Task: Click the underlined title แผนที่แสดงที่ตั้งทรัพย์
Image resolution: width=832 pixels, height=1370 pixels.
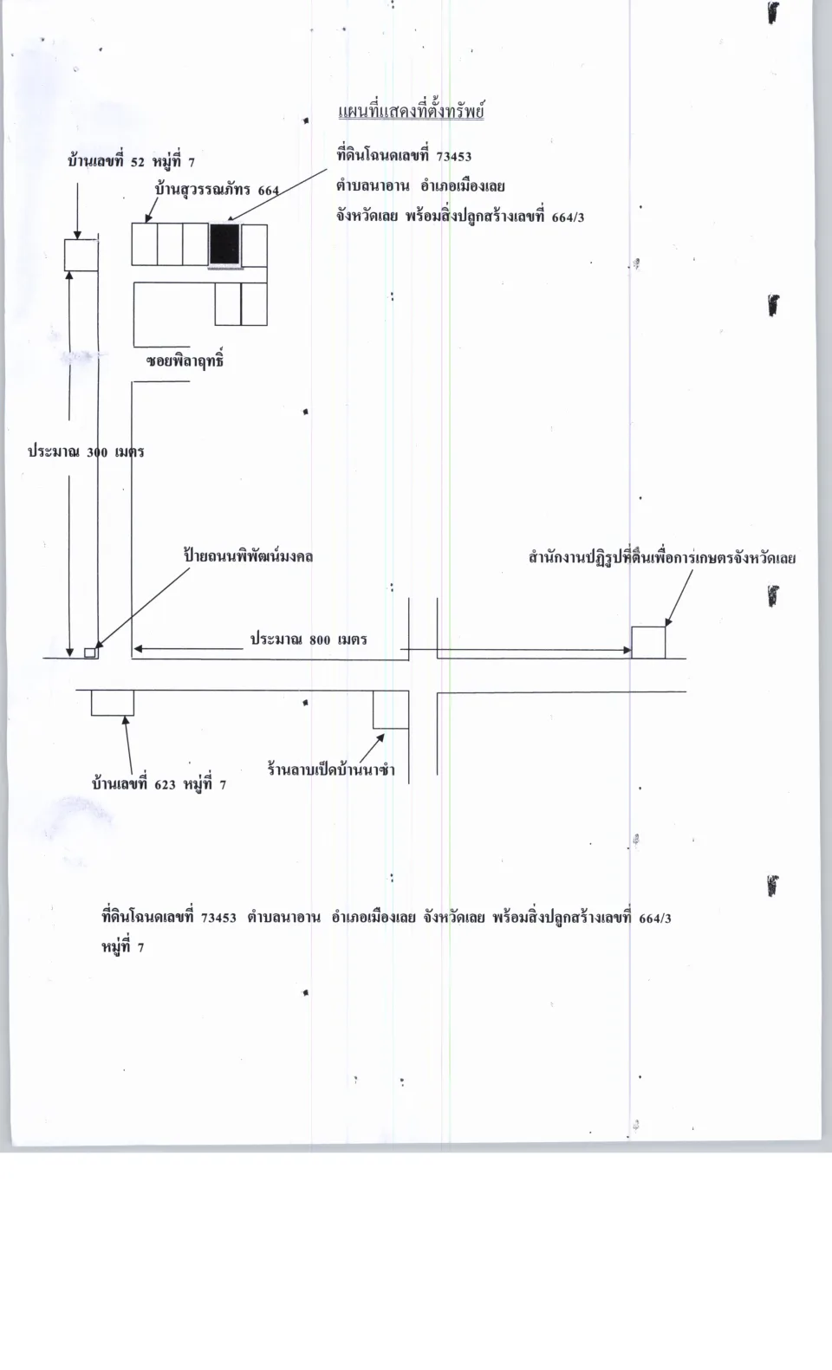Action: (411, 112)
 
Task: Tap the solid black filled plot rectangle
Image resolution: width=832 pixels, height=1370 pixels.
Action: (224, 244)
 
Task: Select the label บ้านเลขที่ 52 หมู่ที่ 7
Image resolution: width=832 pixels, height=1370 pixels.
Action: (131, 161)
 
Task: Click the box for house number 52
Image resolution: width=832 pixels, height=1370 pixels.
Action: (81, 255)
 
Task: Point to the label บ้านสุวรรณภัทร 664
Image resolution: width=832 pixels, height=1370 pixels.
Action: (218, 190)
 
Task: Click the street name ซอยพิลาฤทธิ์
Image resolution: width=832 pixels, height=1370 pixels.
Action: (185, 360)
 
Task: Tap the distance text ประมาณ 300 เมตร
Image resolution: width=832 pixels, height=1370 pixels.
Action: (87, 452)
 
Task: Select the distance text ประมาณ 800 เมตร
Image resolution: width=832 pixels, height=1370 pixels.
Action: (309, 640)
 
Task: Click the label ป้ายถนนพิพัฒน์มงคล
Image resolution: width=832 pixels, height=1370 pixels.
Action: (249, 556)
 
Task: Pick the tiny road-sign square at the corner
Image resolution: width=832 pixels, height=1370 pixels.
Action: (90, 653)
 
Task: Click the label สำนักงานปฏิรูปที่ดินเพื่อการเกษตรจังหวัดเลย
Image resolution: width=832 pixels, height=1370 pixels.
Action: (662, 558)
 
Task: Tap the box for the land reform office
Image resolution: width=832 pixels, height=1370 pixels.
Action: (648, 642)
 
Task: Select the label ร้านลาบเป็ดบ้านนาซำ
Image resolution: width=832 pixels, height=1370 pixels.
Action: (331, 769)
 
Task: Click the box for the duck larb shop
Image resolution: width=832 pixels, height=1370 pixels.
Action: (391, 710)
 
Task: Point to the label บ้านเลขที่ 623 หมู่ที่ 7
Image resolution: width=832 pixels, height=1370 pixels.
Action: (159, 784)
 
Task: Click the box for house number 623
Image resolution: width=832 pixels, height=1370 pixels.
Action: (113, 703)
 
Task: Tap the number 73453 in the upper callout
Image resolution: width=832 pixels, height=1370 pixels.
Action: (454, 157)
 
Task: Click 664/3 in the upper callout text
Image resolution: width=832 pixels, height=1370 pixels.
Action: (568, 218)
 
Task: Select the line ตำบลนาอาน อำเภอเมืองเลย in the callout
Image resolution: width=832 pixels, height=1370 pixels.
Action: (420, 186)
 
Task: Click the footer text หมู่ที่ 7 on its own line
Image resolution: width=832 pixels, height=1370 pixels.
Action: (123, 947)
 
